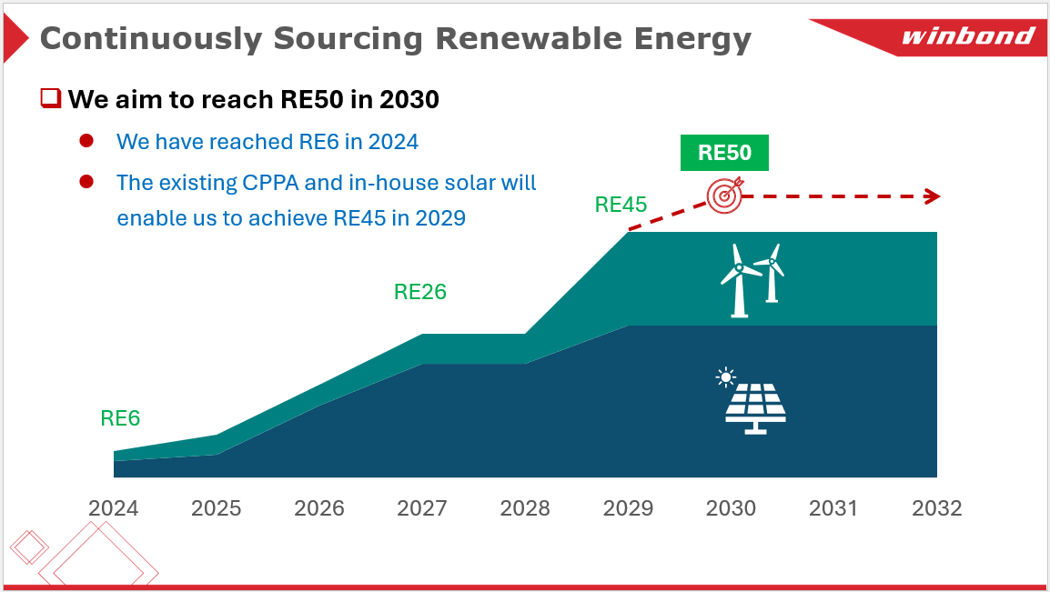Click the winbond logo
pos(967,37)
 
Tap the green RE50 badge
pos(724,153)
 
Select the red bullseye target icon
pos(725,195)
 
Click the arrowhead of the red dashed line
pos(932,196)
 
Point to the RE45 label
pos(621,205)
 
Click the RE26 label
pos(419,292)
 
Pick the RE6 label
pos(120,418)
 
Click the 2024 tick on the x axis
pos(114,507)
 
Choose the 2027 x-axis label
pos(422,507)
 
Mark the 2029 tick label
pos(628,507)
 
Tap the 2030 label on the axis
pos(731,507)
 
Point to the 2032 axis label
pos(936,507)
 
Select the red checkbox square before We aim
pos(50,97)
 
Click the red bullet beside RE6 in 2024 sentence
pos(87,141)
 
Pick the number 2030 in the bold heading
pos(409,99)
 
